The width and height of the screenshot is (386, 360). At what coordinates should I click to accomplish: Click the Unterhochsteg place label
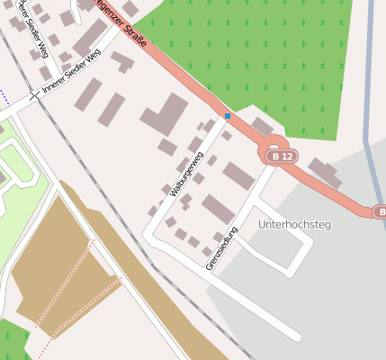click(x=294, y=224)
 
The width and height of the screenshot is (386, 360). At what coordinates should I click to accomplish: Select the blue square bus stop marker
click(x=228, y=116)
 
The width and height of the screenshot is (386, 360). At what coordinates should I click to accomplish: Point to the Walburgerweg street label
click(x=191, y=163)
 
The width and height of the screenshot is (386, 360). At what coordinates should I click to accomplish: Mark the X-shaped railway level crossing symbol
click(x=34, y=94)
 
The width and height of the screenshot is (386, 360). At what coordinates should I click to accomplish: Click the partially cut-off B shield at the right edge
click(x=382, y=211)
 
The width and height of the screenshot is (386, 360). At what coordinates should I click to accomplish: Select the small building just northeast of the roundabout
click(x=262, y=126)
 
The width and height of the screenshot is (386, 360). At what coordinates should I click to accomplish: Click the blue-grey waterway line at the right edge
click(x=369, y=108)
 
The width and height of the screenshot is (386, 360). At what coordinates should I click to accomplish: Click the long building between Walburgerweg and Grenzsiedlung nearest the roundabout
click(x=239, y=176)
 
